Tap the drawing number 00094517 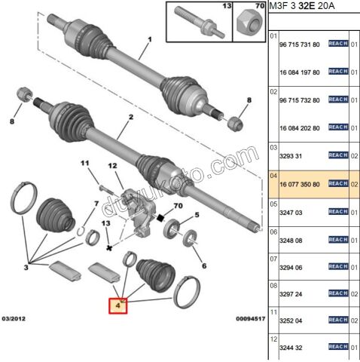tap(244, 321)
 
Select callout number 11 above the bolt tap(85, 163)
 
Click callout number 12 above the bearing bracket tap(113, 166)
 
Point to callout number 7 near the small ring tap(96, 204)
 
